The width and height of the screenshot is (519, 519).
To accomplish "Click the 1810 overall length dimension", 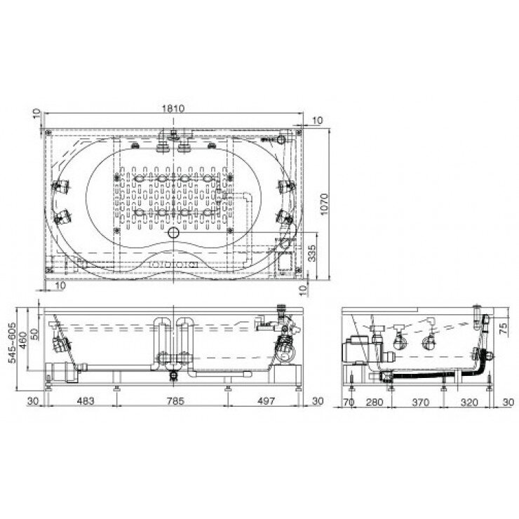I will click(174, 109).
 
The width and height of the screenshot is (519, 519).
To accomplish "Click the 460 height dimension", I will click(22, 342).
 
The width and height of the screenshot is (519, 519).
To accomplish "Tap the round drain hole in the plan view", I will click(173, 231).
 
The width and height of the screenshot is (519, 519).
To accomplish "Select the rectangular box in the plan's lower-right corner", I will click(284, 262).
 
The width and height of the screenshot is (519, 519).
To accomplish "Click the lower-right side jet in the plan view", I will click(284, 214).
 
